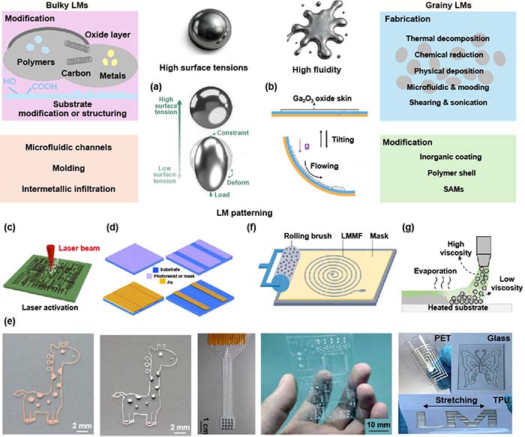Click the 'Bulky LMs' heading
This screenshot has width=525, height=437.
[x=31, y=7]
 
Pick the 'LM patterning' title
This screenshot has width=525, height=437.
[x=260, y=214]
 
